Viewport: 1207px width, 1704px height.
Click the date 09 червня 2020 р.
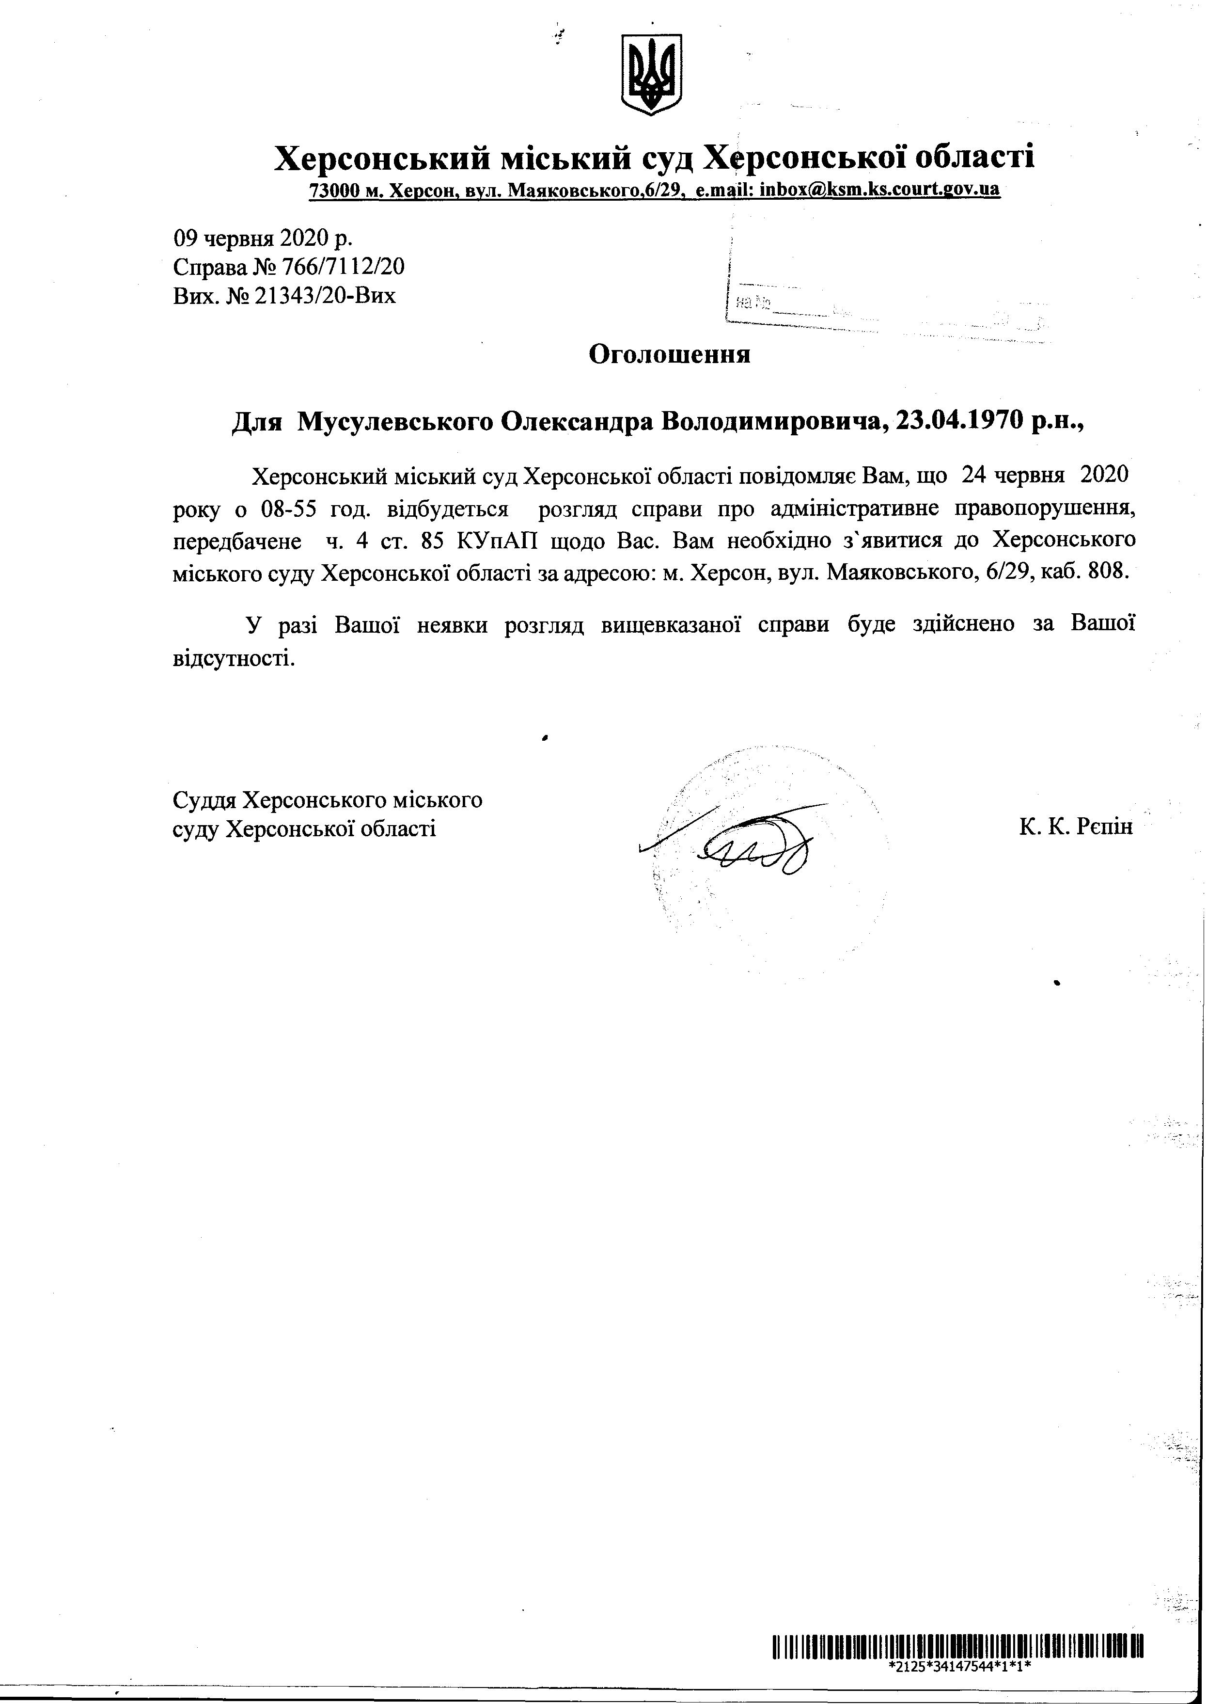263,238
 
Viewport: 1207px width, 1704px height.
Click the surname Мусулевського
393,422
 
